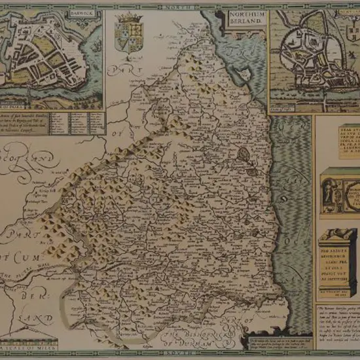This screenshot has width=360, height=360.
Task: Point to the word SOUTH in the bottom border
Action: (x=180, y=354)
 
